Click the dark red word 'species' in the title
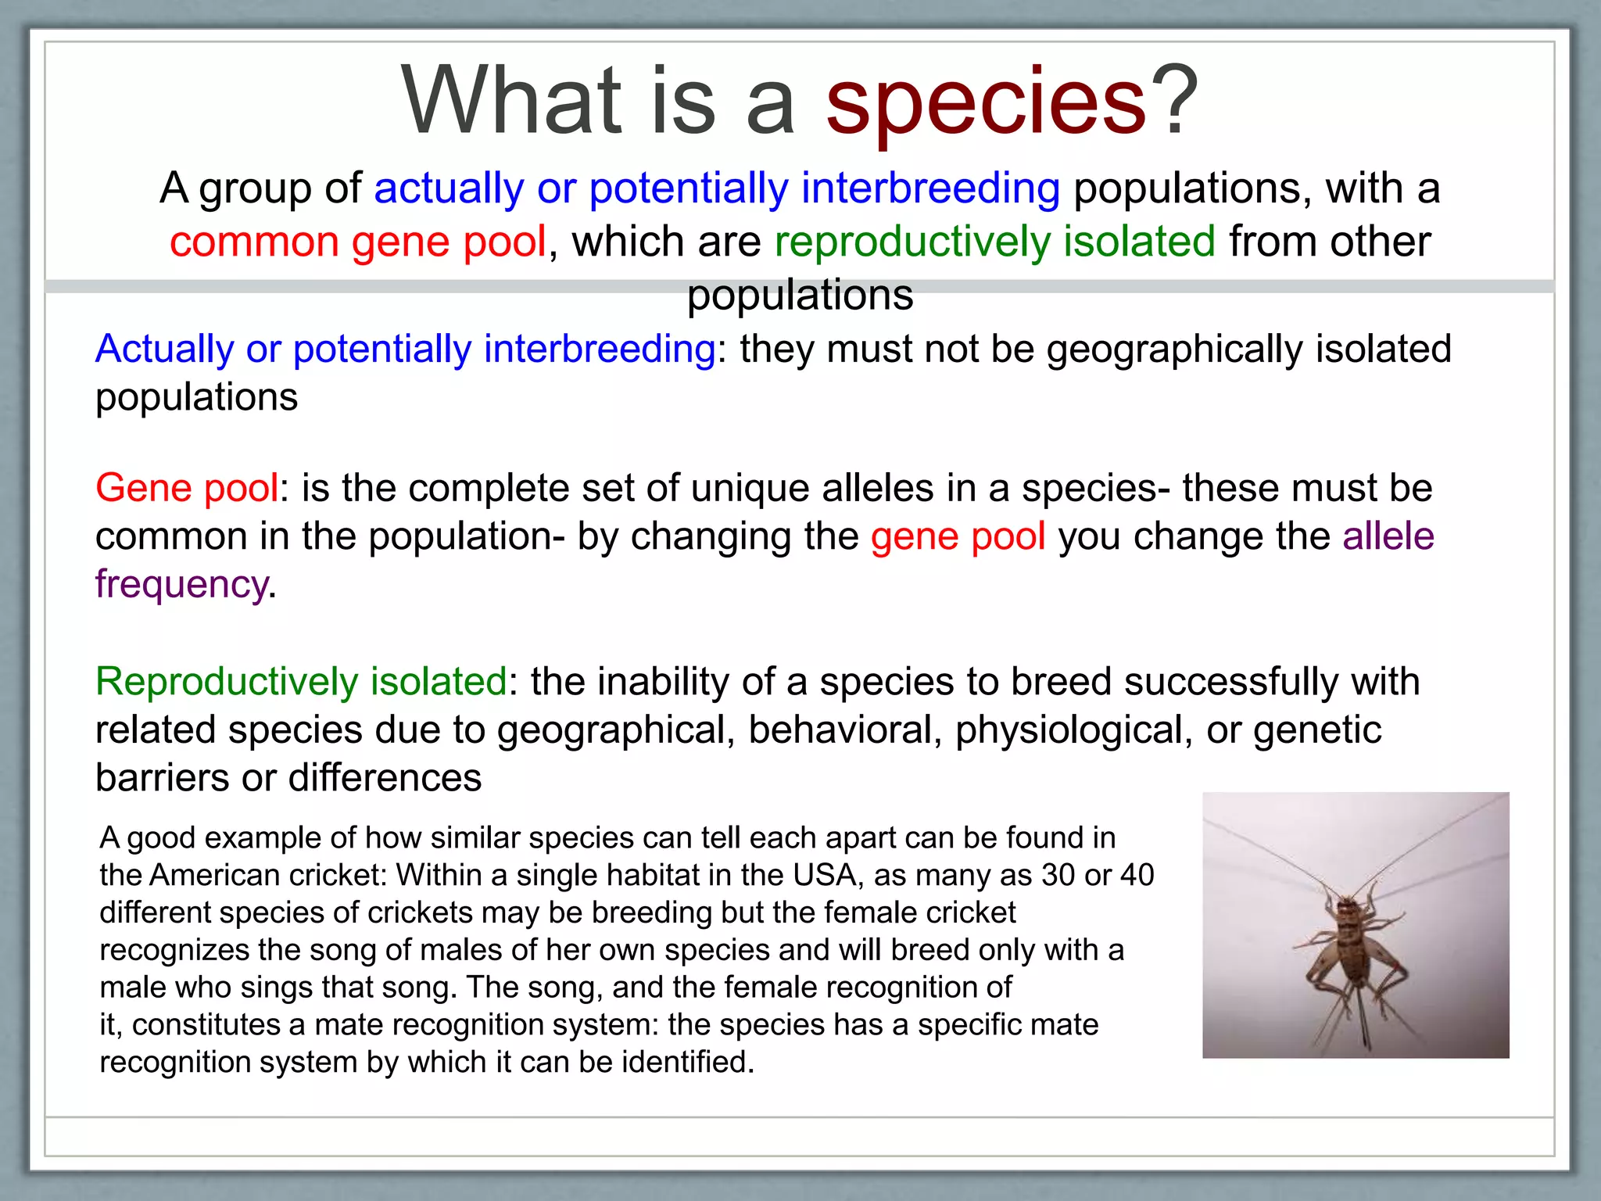tap(987, 102)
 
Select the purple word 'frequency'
tap(181, 585)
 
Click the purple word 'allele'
tap(1388, 536)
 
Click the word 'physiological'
tap(1073, 730)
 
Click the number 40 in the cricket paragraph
tap(1137, 875)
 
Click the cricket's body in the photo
tap(1352, 938)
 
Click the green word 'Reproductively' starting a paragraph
tap(226, 682)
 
